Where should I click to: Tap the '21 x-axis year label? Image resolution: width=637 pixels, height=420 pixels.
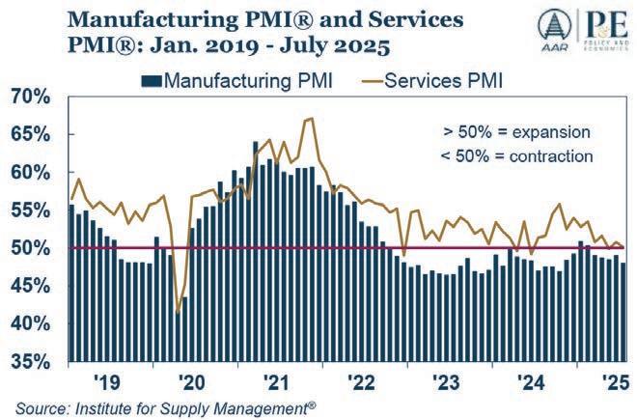(x=276, y=380)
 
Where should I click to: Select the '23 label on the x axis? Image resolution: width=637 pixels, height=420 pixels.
(x=446, y=380)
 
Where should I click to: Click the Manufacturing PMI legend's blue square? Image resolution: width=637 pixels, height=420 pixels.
(x=150, y=78)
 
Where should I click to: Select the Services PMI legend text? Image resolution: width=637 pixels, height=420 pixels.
(x=445, y=78)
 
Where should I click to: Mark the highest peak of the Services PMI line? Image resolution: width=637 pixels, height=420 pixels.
(x=309, y=118)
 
